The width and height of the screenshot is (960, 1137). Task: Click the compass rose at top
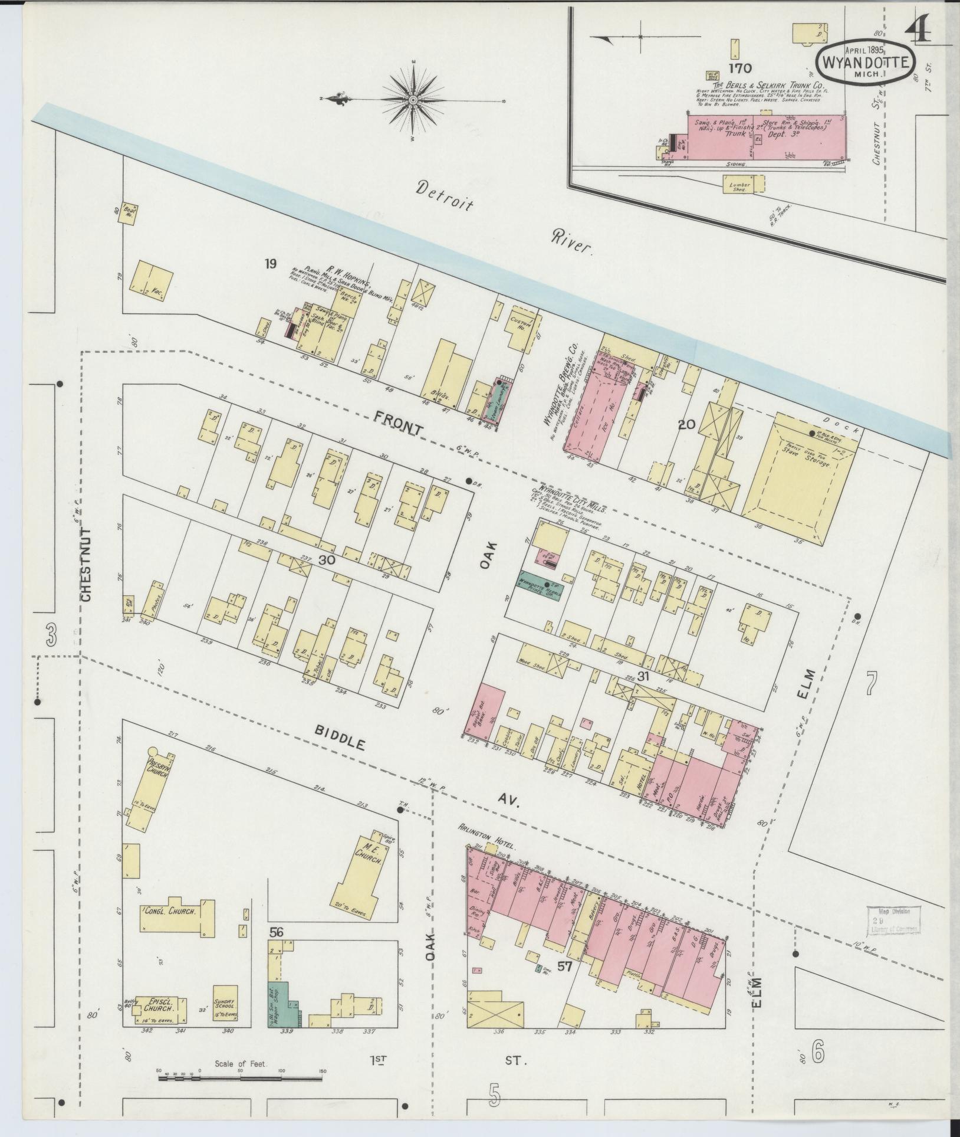(x=413, y=101)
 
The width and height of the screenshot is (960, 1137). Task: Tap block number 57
(x=566, y=966)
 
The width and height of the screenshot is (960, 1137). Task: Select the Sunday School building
(x=225, y=1002)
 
